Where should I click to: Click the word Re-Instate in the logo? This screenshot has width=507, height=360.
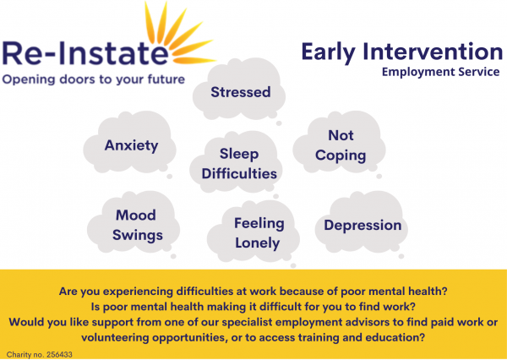pyautogui.click(x=85, y=53)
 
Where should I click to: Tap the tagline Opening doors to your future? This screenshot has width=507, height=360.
pyautogui.click(x=94, y=79)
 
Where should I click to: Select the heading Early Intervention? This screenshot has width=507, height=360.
pyautogui.click(x=402, y=52)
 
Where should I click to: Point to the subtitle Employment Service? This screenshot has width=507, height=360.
pyautogui.click(x=441, y=72)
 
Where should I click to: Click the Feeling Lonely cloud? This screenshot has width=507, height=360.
pyautogui.click(x=253, y=232)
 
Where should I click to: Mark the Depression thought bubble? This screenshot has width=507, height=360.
pyautogui.click(x=362, y=222)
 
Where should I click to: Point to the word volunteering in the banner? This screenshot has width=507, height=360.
pyautogui.click(x=115, y=338)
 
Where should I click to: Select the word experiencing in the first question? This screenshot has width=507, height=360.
pyautogui.click(x=138, y=292)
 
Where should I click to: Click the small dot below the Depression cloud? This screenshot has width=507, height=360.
pyautogui.click(x=401, y=257)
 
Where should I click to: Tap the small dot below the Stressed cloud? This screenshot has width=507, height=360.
pyautogui.click(x=279, y=123)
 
